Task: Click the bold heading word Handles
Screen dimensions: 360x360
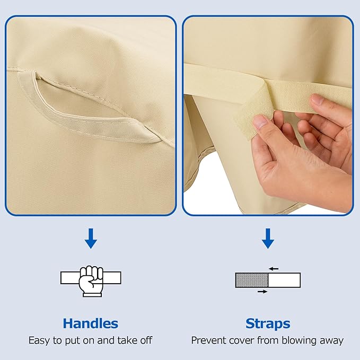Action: click(x=91, y=323)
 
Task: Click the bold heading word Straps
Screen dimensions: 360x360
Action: click(x=268, y=324)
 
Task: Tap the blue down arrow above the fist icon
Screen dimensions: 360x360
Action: click(x=91, y=238)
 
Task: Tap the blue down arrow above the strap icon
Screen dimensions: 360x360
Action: click(x=268, y=238)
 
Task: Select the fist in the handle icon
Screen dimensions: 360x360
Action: click(x=91, y=281)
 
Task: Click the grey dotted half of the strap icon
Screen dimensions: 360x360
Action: click(x=252, y=280)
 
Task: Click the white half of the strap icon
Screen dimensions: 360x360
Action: click(x=284, y=280)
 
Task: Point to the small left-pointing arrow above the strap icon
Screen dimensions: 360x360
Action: click(x=274, y=269)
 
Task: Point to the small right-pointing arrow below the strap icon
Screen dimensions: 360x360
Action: click(x=262, y=292)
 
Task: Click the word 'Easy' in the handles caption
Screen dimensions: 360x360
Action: click(x=39, y=340)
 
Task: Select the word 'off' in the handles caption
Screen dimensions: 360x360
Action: click(x=146, y=340)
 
